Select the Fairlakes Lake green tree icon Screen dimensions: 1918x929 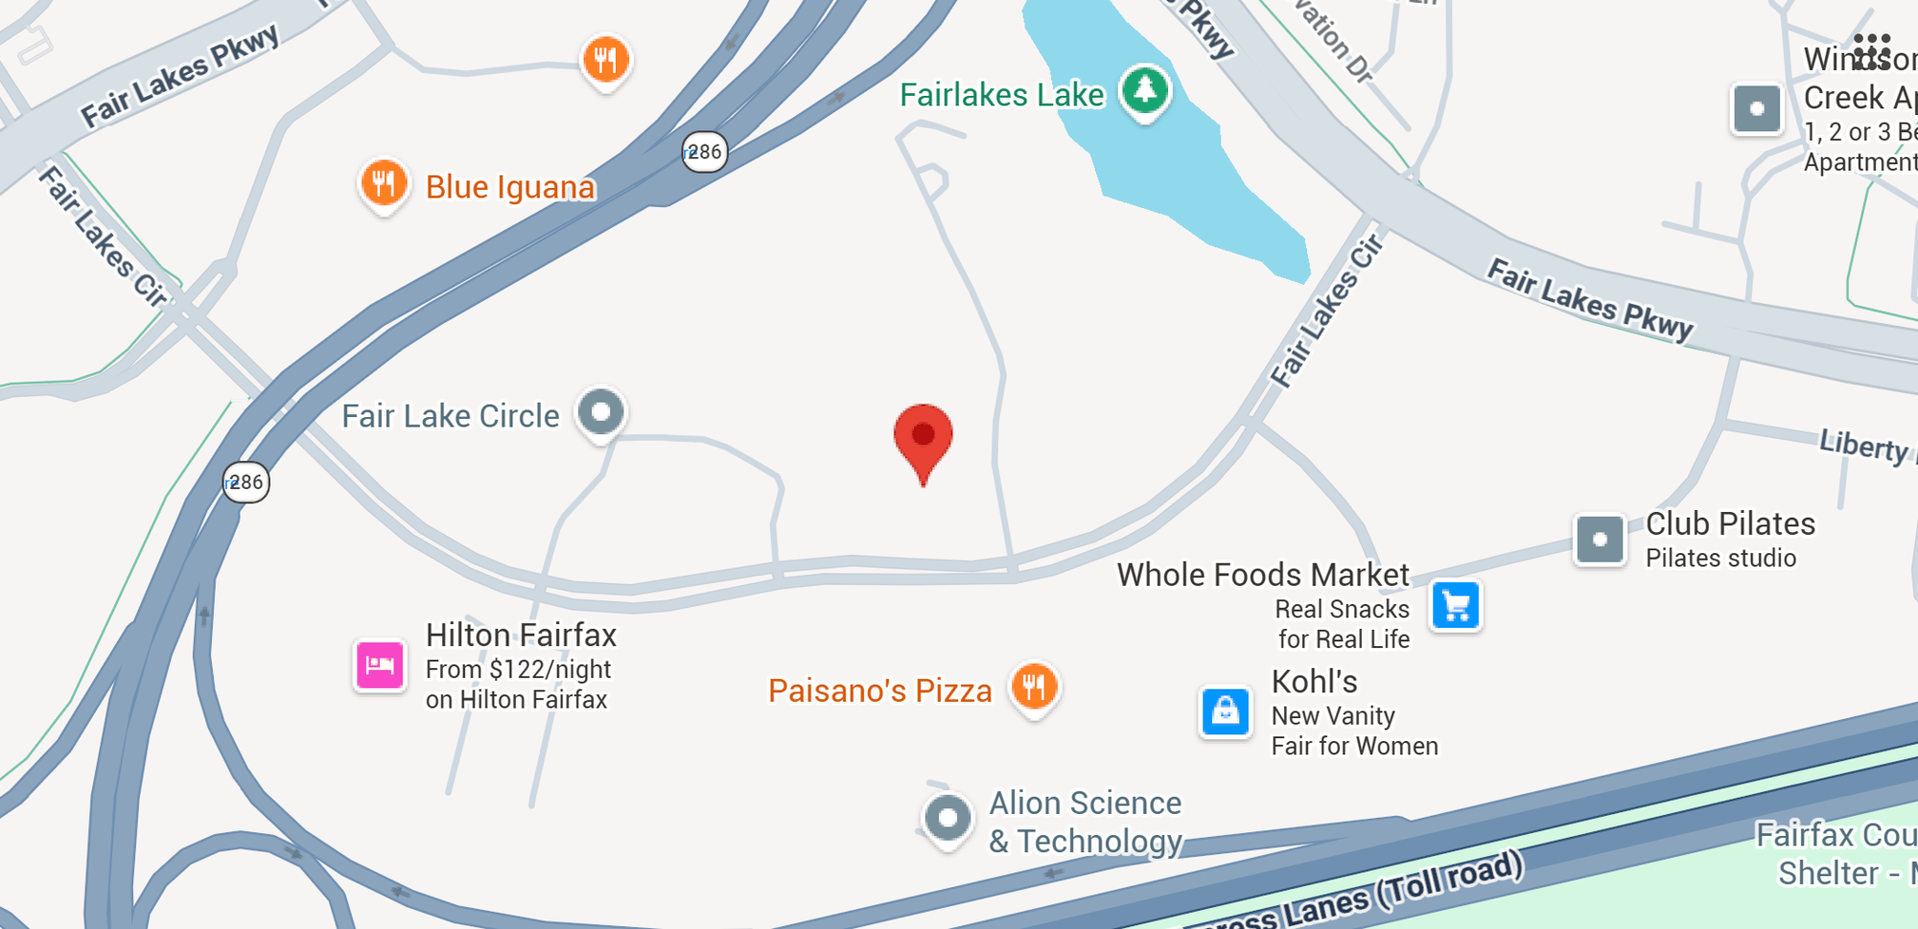(x=1145, y=91)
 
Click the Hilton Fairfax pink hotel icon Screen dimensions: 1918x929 (x=380, y=664)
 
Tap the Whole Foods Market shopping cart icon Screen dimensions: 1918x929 (x=1456, y=606)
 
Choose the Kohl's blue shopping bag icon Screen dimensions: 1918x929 (x=1225, y=712)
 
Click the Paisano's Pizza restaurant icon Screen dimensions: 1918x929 (x=1034, y=686)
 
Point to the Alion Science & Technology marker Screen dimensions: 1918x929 (x=947, y=818)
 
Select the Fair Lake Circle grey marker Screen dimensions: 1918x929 (x=601, y=412)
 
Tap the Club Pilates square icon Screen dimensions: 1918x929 (x=1600, y=540)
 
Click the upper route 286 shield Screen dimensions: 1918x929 (x=705, y=151)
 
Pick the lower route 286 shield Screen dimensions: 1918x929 (x=246, y=482)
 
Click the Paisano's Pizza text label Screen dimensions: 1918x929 (x=879, y=690)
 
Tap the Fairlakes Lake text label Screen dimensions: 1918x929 (x=1001, y=95)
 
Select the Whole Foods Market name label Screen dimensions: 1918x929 (x=1262, y=574)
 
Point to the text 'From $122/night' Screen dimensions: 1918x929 (x=518, y=669)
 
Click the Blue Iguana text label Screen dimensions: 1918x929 (x=510, y=187)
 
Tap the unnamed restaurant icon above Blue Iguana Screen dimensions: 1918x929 (x=606, y=59)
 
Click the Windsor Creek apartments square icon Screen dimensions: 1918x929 (x=1757, y=108)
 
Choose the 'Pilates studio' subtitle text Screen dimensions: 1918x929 (x=1720, y=558)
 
